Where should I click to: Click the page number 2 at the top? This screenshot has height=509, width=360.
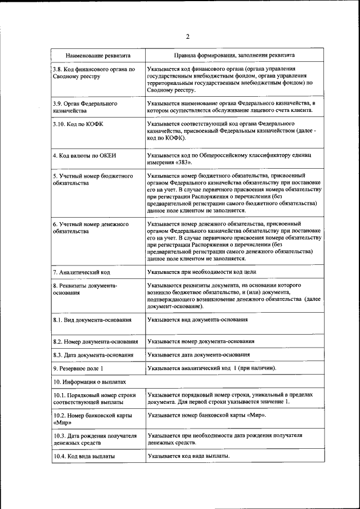tap(188, 37)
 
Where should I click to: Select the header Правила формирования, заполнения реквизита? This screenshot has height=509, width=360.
tap(234, 56)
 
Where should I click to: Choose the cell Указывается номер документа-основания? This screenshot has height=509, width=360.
tap(201, 341)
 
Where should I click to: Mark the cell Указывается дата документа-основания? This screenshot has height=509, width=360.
tap(199, 355)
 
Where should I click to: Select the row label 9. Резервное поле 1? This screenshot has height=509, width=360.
tap(78, 368)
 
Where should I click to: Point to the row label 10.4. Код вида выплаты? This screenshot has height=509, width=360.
tap(84, 456)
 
